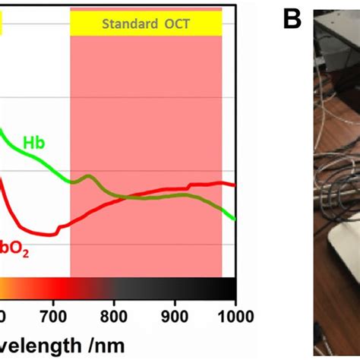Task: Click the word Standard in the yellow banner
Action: tap(127, 24)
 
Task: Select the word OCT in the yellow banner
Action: tap(175, 24)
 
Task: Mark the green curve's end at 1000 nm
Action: tap(235, 219)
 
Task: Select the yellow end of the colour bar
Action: tap(4, 289)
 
